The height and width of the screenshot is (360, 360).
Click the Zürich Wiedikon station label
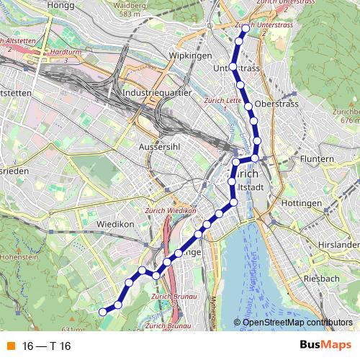tap(171, 210)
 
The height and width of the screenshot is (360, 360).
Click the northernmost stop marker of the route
tap(245, 29)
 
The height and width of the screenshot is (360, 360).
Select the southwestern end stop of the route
tap(103, 312)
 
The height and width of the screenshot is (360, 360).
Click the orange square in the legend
tap(10, 346)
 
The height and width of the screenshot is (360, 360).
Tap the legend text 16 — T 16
tap(47, 346)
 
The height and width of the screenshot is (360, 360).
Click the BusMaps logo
tap(325, 346)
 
